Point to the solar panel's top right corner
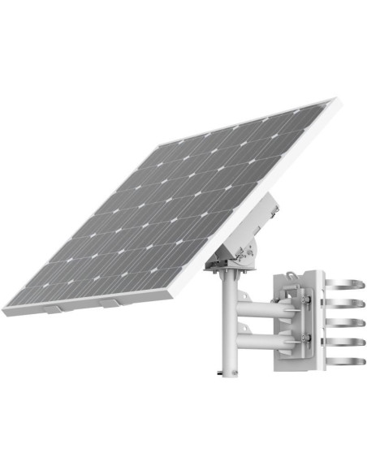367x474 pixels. click(333, 100)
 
